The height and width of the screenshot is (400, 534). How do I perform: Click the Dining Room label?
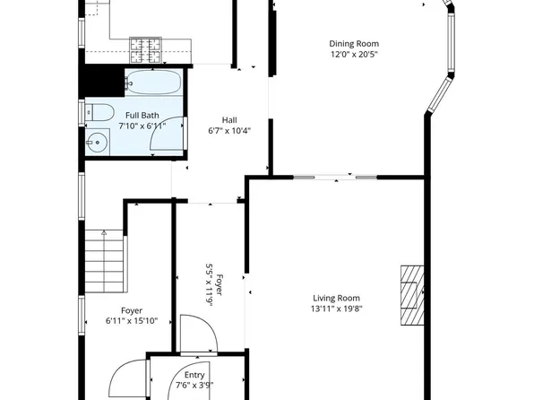(354, 43)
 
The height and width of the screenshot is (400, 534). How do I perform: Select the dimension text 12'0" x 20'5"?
(354, 54)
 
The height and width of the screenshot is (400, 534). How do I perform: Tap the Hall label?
(229, 119)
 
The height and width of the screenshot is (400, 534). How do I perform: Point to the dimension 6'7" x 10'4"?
(229, 130)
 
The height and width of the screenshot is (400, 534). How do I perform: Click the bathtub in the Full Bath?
(153, 83)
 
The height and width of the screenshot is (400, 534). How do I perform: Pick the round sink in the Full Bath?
(97, 142)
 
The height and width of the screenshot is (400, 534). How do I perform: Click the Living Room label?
(336, 299)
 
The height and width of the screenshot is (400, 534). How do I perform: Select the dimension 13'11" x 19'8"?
(336, 309)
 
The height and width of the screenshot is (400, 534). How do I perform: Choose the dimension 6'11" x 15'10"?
(132, 320)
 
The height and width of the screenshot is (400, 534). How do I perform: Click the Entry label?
(194, 376)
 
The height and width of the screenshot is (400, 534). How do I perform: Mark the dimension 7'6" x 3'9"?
(194, 387)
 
